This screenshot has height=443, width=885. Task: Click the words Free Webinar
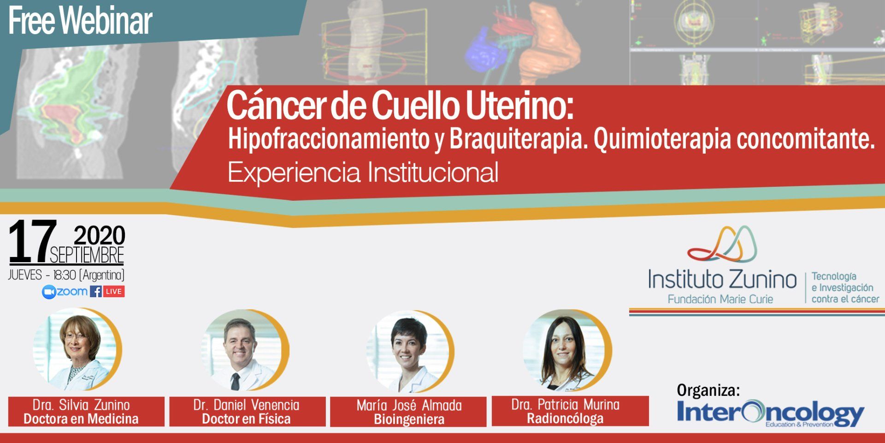(x=80, y=21)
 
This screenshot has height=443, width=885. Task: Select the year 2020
(x=100, y=235)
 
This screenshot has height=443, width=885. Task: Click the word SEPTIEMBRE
(x=87, y=255)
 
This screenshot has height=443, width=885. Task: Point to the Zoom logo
(x=65, y=292)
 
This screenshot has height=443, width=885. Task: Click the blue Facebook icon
(x=96, y=292)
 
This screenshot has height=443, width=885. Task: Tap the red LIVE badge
(x=113, y=292)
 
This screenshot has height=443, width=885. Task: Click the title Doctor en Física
(x=246, y=419)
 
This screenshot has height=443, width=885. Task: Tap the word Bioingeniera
(x=409, y=419)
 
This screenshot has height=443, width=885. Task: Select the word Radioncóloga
(x=565, y=419)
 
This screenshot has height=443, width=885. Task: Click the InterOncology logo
(x=770, y=413)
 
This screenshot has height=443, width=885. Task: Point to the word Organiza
(x=708, y=390)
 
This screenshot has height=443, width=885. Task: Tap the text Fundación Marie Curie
(x=720, y=299)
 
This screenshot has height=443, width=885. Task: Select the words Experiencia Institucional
(x=363, y=173)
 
